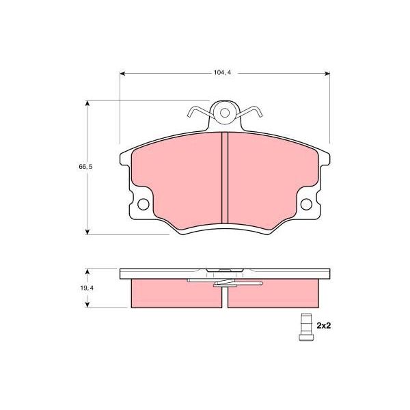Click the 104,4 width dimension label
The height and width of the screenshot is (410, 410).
tap(222, 72)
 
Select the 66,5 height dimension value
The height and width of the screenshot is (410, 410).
tap(86, 167)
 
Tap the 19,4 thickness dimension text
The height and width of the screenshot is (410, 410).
tap(87, 288)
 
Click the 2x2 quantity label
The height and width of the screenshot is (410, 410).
tap(324, 325)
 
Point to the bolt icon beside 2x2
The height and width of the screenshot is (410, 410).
tap(306, 327)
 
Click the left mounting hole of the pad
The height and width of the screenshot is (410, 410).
tap(143, 204)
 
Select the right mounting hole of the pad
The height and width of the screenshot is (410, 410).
tap(306, 204)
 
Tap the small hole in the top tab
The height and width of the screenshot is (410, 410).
tap(225, 113)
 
